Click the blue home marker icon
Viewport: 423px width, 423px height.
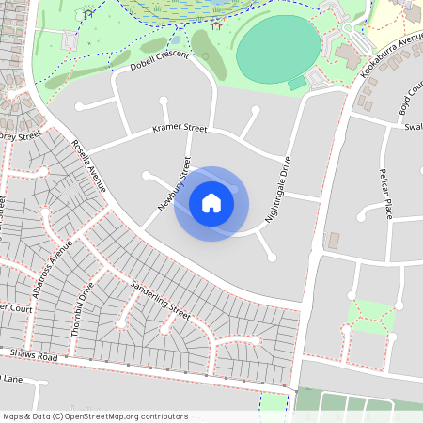point(211,203)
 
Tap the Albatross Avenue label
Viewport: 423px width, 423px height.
point(52,269)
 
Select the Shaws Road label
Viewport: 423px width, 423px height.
point(34,355)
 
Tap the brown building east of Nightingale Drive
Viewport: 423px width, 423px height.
point(333,240)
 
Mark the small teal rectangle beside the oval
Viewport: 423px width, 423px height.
point(297,84)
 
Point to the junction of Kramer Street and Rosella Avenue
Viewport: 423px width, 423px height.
point(89,150)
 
